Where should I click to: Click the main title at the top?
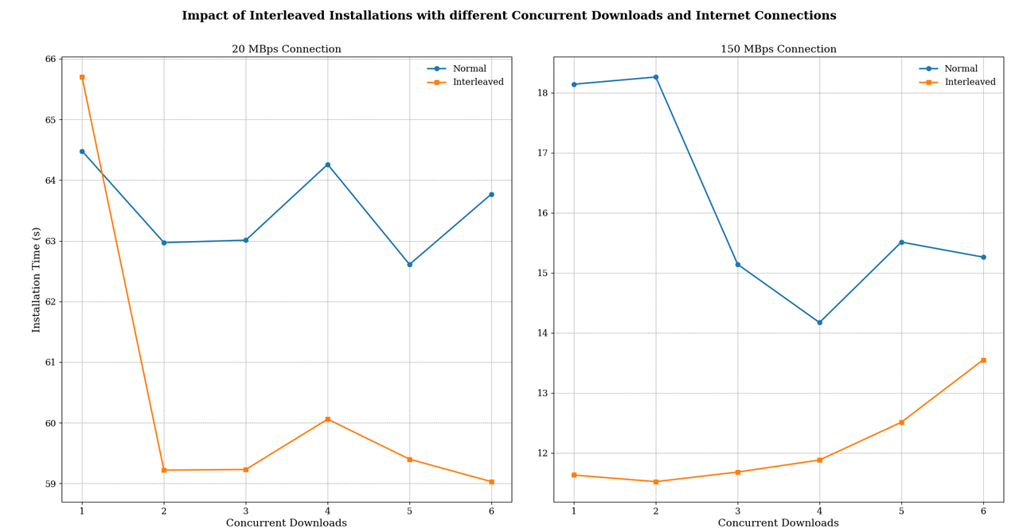509,16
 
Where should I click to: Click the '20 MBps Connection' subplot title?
286,49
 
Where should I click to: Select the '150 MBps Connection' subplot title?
778,49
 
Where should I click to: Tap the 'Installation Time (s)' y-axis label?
37,279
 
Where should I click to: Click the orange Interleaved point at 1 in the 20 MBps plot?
82,77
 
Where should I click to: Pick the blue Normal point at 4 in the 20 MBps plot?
327,165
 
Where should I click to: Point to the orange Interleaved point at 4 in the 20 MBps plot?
327,419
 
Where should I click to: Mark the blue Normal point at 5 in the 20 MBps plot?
409,264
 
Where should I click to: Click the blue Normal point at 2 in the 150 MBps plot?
655,77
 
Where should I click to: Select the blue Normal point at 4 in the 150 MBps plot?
819,322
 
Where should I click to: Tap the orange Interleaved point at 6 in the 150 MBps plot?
983,360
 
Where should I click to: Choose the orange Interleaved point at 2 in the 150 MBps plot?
655,482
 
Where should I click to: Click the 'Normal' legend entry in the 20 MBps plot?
469,69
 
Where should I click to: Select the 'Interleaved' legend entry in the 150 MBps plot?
969,82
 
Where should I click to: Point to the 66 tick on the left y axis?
50,60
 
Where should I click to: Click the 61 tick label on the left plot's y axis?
50,363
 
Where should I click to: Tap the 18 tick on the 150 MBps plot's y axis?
542,93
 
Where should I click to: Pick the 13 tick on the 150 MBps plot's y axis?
542,394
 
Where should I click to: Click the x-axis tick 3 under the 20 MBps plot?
245,511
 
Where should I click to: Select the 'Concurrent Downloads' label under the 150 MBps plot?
778,523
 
